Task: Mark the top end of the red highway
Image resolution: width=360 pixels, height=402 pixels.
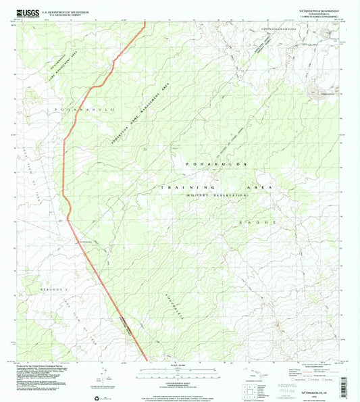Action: point(145,24)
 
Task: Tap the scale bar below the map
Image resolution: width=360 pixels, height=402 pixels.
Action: point(179,369)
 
